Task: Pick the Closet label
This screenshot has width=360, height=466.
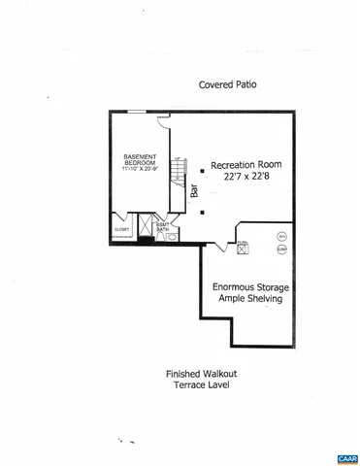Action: tap(121, 230)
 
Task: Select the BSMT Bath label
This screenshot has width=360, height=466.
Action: tap(163, 225)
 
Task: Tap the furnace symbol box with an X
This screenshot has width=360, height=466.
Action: tap(242, 249)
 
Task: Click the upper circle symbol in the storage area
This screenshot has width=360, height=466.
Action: tap(281, 236)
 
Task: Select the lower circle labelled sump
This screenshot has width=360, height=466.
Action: tap(281, 249)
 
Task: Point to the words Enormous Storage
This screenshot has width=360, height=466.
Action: tap(250, 287)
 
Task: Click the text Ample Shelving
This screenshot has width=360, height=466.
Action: tap(250, 300)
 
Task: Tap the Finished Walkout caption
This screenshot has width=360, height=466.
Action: tap(198, 373)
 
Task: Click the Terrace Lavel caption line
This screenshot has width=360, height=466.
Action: tap(198, 384)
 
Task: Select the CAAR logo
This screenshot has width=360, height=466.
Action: tap(346, 457)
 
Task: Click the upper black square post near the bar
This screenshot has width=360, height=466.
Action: tap(202, 171)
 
